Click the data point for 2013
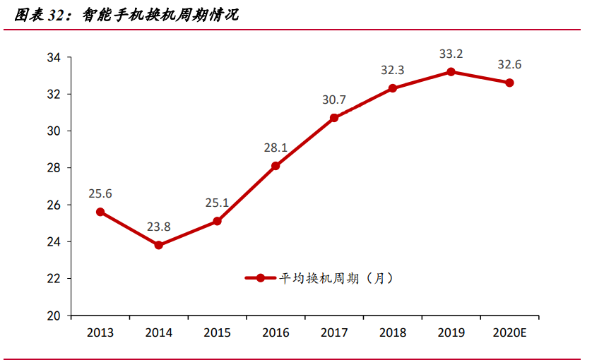100,212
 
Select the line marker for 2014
159,245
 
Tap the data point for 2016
276,166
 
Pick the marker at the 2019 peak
451,72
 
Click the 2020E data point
509,83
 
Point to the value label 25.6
100,193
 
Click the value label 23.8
159,227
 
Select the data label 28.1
276,148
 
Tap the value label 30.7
334,100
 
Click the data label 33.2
451,54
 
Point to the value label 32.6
509,65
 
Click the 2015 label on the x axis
217,333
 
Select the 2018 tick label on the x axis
392,333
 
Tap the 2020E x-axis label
509,333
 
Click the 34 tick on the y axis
55,57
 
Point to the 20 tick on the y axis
55,316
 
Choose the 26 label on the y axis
55,205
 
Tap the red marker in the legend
260,278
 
